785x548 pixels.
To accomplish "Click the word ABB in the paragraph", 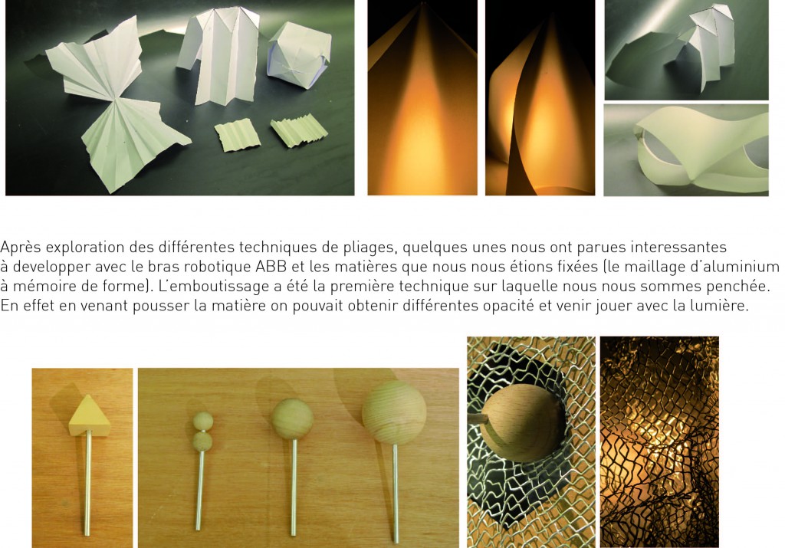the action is pyautogui.click(x=271, y=266).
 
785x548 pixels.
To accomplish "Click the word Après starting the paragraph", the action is pyautogui.click(x=21, y=248).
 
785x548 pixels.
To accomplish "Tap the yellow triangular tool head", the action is pyautogui.click(x=87, y=415).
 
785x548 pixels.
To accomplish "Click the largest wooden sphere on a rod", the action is pyautogui.click(x=394, y=412).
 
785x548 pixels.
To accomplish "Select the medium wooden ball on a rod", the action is pyautogui.click(x=292, y=419).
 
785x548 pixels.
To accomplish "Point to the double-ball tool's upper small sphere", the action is pyautogui.click(x=202, y=422).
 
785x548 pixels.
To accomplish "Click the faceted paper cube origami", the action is pyautogui.click(x=299, y=55).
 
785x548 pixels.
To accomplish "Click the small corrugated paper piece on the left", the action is pyautogui.click(x=238, y=135).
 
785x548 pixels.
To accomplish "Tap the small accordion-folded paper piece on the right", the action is pyautogui.click(x=300, y=130).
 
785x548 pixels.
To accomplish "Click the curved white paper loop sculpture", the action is pyautogui.click(x=701, y=150).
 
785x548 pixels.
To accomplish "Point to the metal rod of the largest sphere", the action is pyautogui.click(x=396, y=493).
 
